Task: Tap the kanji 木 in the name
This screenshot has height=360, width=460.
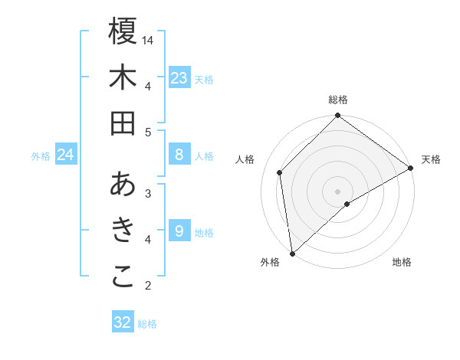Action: click(123, 77)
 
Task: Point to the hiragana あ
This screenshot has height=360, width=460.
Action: click(123, 185)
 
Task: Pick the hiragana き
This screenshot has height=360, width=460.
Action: click(123, 231)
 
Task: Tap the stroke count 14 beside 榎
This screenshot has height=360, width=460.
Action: click(148, 39)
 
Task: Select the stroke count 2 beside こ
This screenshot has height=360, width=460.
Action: click(148, 286)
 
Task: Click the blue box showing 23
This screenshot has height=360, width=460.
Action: click(179, 77)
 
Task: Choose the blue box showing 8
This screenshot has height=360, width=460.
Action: click(179, 155)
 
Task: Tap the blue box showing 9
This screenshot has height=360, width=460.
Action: click(179, 231)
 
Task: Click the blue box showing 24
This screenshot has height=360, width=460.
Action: click(65, 155)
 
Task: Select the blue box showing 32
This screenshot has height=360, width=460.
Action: click(123, 322)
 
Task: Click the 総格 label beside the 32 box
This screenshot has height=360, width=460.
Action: click(147, 324)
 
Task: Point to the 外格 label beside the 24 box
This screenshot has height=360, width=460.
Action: click(41, 156)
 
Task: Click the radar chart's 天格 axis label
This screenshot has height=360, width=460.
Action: click(431, 159)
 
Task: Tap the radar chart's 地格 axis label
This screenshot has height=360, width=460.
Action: click(402, 263)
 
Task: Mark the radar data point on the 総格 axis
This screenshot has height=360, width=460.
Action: click(337, 116)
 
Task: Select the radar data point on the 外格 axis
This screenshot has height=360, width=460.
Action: click(292, 253)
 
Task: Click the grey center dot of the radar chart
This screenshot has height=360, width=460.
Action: click(337, 190)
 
